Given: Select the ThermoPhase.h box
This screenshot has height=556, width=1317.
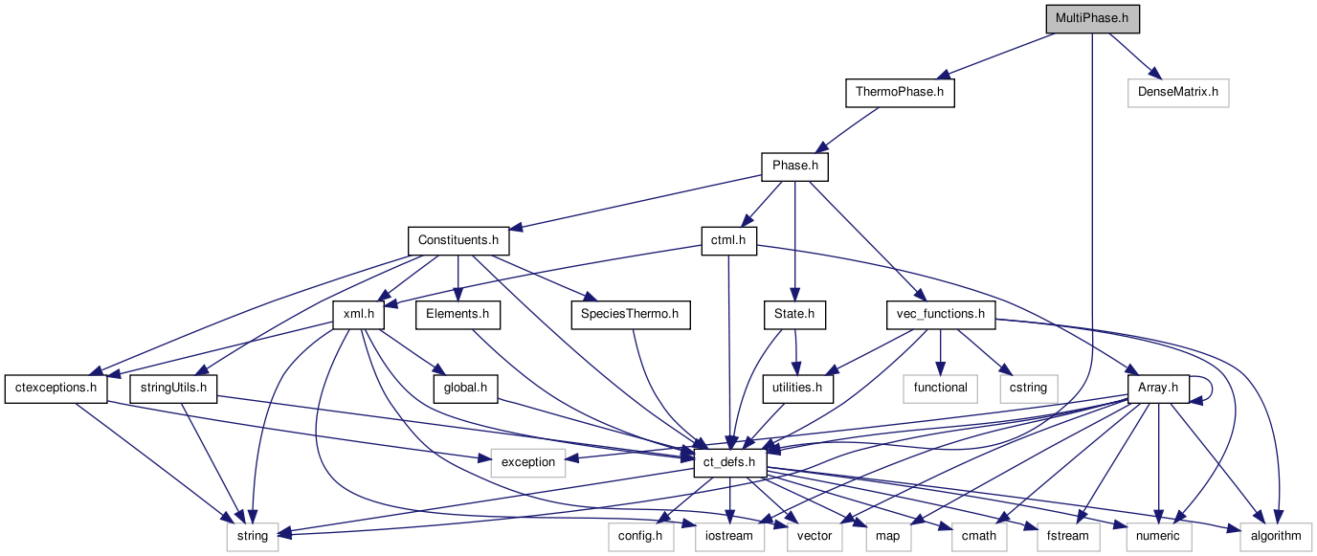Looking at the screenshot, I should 899,93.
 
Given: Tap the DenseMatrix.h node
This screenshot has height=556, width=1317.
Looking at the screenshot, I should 1177,93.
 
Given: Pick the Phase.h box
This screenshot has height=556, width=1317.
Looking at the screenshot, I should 794,167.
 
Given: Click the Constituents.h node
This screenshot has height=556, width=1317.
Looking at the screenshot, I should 458,240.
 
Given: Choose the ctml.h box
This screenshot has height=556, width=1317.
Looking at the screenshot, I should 728,240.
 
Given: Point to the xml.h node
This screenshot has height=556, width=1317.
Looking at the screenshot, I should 358,314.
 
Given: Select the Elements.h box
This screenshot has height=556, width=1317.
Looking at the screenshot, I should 458,314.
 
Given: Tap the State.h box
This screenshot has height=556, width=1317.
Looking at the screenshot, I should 794,314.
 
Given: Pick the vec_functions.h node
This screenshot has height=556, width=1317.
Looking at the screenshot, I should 941,314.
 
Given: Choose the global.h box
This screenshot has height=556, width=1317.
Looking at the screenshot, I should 465,388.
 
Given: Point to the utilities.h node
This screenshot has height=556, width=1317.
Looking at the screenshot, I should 797,388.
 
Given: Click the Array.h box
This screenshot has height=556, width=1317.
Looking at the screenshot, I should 1158,388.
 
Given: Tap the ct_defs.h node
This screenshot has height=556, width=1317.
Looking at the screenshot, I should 729,462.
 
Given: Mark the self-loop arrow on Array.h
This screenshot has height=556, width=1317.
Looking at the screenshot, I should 1208,387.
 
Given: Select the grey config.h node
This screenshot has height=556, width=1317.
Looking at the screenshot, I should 636,536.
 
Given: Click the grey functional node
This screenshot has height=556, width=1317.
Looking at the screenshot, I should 940,388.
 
